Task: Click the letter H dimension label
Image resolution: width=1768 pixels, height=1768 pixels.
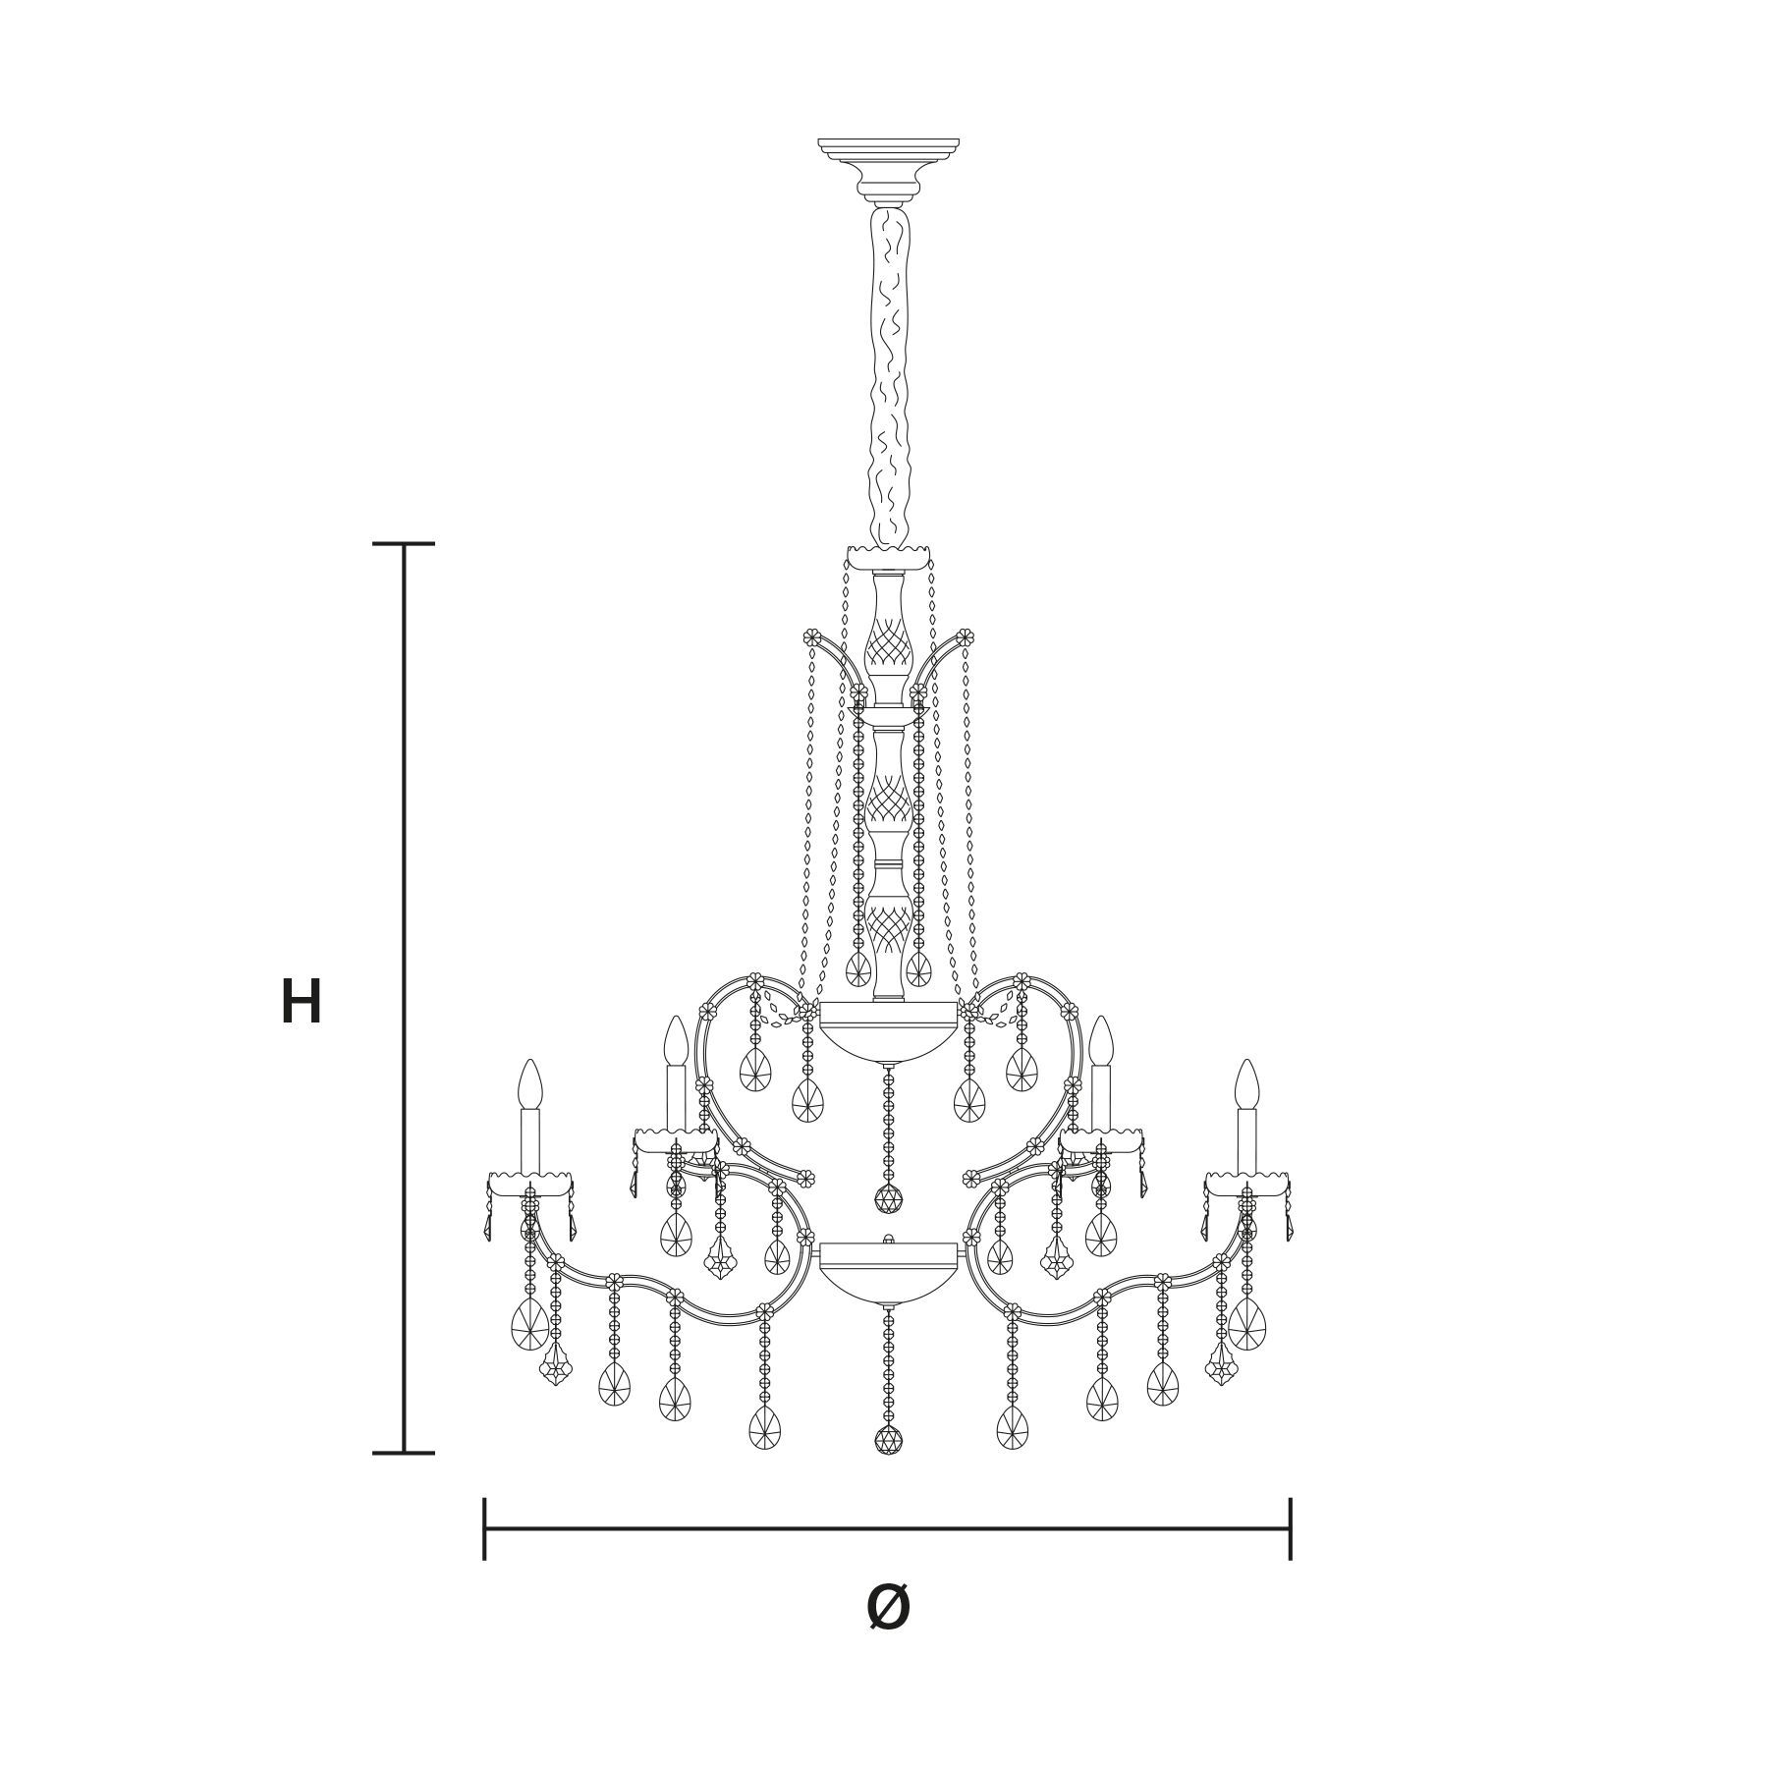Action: (x=301, y=1003)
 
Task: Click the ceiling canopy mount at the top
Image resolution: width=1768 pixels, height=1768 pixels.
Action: (x=889, y=168)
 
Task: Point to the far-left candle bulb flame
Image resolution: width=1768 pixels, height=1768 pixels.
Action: (x=530, y=1084)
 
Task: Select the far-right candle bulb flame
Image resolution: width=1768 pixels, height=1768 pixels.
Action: (x=1246, y=1084)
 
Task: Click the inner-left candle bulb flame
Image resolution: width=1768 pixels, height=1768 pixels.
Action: (x=675, y=1041)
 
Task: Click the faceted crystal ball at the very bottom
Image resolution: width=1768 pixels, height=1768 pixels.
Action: (x=888, y=1441)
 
